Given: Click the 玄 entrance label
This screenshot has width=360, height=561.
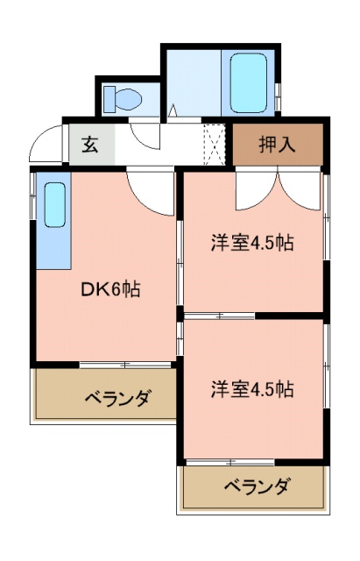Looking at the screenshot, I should point(90,145).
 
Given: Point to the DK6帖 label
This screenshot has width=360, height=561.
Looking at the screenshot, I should point(109,287).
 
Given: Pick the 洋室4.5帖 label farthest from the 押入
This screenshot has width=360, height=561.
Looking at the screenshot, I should point(251,389).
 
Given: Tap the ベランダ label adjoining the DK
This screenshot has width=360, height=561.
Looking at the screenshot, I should point(118,400).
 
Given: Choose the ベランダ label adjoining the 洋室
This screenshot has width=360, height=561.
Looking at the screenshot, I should point(257,486).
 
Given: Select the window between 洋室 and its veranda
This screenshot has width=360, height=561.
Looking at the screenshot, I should point(232,461).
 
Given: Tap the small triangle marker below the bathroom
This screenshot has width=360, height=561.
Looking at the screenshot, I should point(173,111).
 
